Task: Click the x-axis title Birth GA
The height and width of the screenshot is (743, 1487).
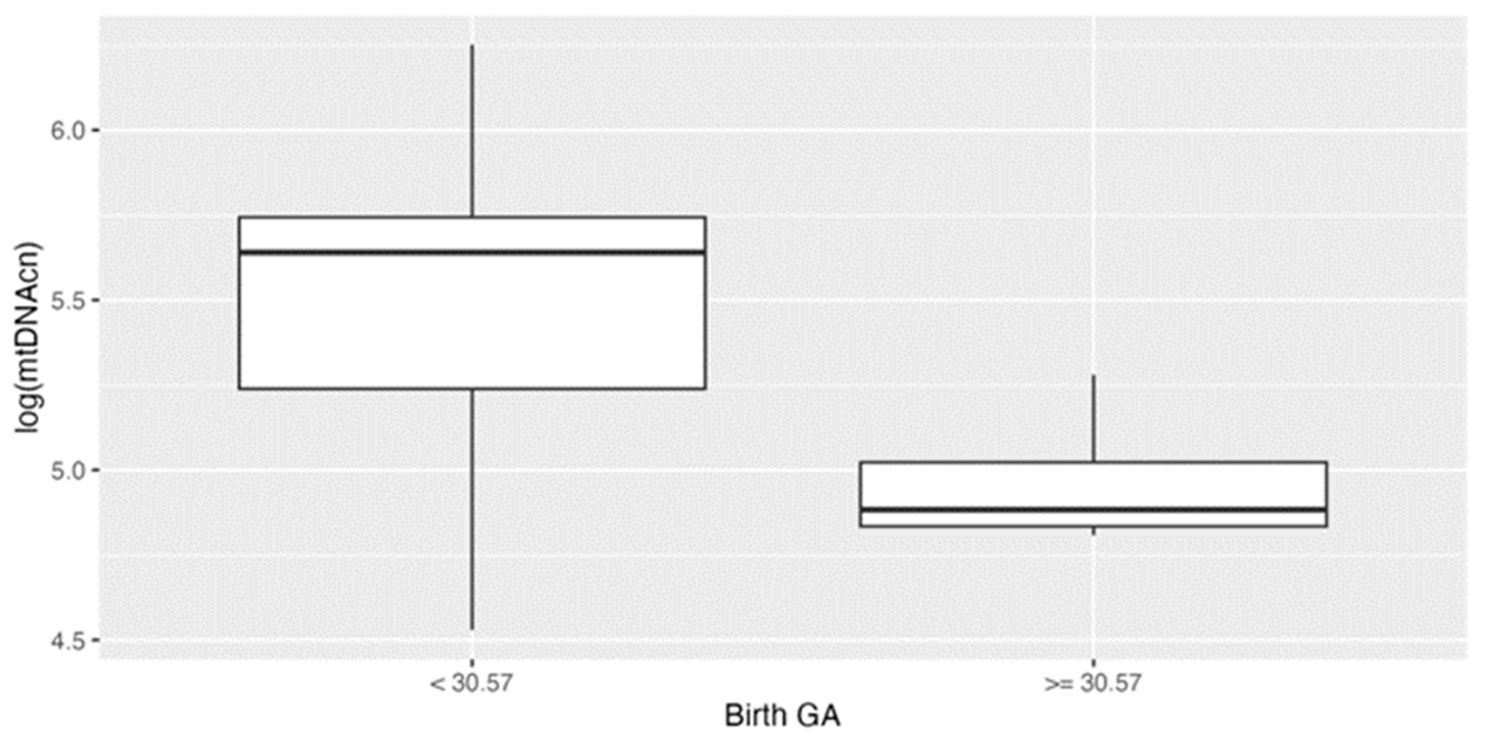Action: [x=782, y=716]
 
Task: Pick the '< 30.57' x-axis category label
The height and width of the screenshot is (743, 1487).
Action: [x=470, y=684]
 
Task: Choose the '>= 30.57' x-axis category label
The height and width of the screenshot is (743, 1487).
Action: [x=1093, y=684]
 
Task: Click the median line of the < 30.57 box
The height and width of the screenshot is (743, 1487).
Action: [x=472, y=252]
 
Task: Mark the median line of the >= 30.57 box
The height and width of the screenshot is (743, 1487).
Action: [x=1093, y=510]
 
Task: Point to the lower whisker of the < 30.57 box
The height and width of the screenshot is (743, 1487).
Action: [x=472, y=507]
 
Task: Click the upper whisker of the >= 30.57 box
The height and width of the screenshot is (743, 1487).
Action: [x=1093, y=418]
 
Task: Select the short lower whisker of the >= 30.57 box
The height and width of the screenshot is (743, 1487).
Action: [x=1093, y=531]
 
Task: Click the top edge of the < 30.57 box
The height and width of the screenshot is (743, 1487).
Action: [x=472, y=217]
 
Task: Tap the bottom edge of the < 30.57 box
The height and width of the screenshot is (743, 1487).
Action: [x=472, y=388]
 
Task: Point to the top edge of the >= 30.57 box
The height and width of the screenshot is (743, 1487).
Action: [x=1093, y=463]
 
